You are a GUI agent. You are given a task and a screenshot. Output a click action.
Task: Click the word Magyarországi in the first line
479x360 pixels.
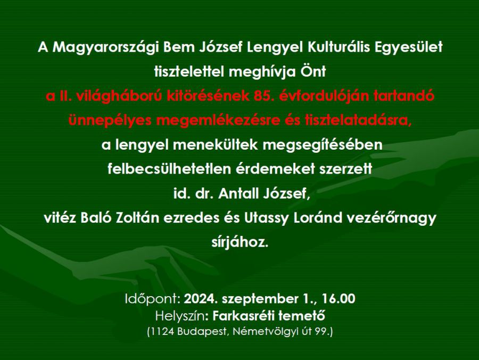(105, 48)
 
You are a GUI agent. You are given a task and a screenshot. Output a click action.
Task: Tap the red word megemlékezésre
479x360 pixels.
(218, 121)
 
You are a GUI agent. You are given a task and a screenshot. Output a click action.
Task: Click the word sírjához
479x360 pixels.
(240, 243)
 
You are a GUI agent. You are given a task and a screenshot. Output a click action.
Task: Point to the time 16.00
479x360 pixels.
(338, 299)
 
